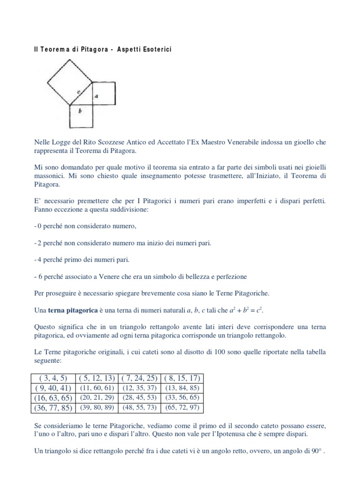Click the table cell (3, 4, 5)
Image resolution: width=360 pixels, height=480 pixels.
53,378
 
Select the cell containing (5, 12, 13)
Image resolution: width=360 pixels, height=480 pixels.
97,378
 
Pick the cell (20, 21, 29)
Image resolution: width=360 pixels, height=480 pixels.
97,397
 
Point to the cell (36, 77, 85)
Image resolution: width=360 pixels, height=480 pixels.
53,407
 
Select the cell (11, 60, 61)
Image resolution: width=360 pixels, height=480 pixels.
97,388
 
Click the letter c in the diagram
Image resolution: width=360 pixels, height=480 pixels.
79,92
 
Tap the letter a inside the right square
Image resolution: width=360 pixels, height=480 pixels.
96,97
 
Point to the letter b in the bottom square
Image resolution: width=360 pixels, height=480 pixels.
81,112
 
